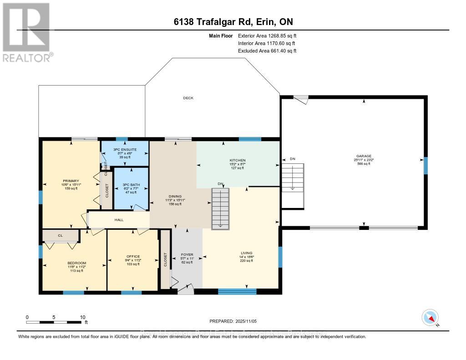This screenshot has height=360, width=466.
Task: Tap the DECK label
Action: click(x=188, y=98)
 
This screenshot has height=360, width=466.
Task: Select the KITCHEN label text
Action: click(x=237, y=161)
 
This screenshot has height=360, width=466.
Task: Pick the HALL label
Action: click(x=119, y=220)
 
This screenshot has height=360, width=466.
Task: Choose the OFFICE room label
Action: click(x=133, y=256)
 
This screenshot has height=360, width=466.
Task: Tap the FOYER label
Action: click(x=187, y=254)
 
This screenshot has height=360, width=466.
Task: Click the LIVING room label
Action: click(x=247, y=253)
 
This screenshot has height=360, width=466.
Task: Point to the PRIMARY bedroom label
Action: click(x=71, y=179)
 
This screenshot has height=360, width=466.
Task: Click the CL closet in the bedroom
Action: click(x=60, y=235)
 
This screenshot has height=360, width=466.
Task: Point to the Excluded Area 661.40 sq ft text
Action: click(x=267, y=51)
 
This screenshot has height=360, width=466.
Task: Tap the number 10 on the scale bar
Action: click(x=82, y=317)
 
